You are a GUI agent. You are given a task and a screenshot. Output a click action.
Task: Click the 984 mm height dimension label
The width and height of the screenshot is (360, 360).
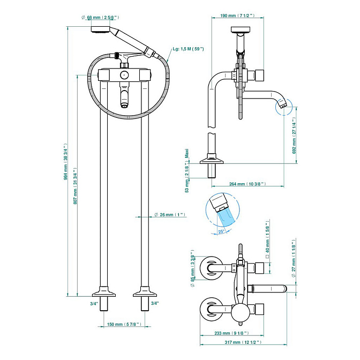click(x=66, y=162)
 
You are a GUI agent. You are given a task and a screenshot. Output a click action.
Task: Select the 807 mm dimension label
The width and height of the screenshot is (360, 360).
click(x=75, y=186)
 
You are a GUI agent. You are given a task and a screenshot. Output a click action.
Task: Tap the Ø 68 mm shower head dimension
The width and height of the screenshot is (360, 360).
click(x=100, y=18)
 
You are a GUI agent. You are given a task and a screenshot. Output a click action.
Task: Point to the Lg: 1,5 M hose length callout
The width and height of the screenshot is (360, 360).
click(x=188, y=49)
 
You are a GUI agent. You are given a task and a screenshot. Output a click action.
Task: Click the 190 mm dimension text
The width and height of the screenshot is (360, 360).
click(x=237, y=16)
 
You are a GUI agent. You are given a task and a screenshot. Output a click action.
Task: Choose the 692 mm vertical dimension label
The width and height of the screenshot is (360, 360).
click(x=294, y=136)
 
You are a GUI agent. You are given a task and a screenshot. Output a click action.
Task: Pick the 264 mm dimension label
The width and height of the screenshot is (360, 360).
click(x=247, y=184)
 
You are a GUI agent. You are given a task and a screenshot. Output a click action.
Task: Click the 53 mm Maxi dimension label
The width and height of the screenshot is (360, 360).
click(x=187, y=171)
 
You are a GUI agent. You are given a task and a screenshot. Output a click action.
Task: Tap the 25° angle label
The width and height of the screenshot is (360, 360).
click(x=221, y=231)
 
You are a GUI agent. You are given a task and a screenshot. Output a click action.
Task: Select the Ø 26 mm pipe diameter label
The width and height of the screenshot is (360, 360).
click(x=170, y=215)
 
